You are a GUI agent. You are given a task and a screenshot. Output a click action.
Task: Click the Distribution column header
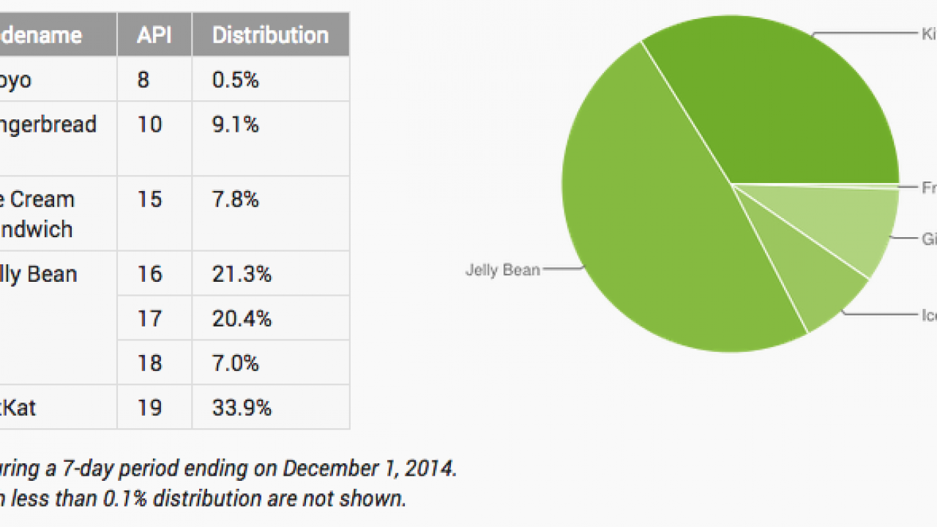[x=270, y=35]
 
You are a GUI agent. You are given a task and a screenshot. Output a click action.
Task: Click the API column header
[x=154, y=35]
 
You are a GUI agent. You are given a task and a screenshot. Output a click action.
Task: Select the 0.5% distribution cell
[x=236, y=80]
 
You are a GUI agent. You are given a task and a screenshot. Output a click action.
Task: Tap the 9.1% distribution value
[x=236, y=124]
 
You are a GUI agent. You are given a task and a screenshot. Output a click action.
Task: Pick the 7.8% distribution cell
[x=236, y=200]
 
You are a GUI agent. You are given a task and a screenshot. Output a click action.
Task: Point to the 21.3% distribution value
[x=242, y=274]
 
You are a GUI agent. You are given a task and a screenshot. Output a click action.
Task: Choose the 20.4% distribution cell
[x=242, y=319]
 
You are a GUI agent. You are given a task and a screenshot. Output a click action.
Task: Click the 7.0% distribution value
[x=236, y=364]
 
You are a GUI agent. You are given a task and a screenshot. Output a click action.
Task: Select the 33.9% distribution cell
[x=242, y=408]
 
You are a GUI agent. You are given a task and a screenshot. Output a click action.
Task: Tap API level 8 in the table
[x=143, y=80]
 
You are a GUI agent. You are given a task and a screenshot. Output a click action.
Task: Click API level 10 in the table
[x=149, y=124]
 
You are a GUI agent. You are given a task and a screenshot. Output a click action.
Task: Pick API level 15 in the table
[x=149, y=200]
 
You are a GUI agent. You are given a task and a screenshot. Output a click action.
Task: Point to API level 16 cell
[x=149, y=274]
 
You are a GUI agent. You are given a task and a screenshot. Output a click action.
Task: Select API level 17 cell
[x=149, y=319]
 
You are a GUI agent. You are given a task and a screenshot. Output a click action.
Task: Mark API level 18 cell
[x=149, y=364]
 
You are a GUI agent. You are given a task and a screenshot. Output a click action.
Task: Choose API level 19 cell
[x=149, y=408]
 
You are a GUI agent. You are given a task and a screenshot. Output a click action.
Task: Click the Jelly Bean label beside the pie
[x=503, y=270]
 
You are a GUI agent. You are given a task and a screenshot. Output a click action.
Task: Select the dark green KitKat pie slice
[x=783, y=110]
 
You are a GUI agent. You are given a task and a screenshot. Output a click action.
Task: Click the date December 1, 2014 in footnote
[x=370, y=468]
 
